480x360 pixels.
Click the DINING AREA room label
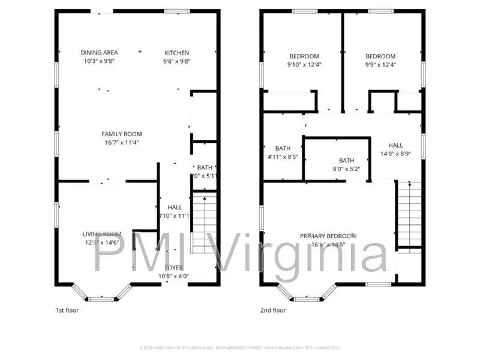pos(99,53)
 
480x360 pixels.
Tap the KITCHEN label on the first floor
pos(177,53)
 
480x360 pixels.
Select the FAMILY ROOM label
pos(122,134)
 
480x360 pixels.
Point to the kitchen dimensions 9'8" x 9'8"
pos(177,61)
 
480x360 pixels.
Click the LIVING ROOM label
pos(102,234)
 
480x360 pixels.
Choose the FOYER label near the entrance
pos(174,268)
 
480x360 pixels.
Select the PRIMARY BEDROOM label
pos(328,236)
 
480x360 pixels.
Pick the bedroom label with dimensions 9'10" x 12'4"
pos(304,56)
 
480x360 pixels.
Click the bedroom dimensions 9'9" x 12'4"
pos(381,65)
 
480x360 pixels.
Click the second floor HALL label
pos(395,145)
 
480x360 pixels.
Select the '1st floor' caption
pos(67,310)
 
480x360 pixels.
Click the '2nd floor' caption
pos(273,310)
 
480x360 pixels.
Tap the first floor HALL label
pos(175,207)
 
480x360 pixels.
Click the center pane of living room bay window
pos(101,298)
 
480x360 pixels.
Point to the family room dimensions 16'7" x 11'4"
pos(122,143)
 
